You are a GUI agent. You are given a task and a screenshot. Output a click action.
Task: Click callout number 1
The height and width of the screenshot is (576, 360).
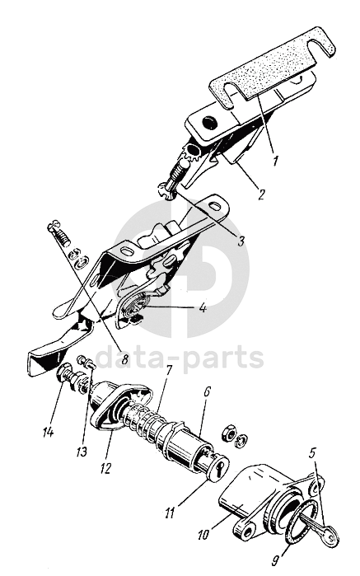pyautogui.click(x=275, y=160)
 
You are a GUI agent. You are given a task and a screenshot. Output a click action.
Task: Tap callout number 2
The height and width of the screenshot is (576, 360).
pyautogui.click(x=260, y=194)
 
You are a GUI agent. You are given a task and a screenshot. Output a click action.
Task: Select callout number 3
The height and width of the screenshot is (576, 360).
pyautogui.click(x=241, y=241)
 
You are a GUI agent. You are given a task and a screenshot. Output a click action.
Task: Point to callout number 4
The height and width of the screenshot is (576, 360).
pyautogui.click(x=203, y=307)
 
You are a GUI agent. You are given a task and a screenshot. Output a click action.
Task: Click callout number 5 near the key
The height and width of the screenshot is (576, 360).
pyautogui.click(x=312, y=453)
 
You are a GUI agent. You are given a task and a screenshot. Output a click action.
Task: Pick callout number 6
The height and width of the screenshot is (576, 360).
pyautogui.click(x=206, y=391)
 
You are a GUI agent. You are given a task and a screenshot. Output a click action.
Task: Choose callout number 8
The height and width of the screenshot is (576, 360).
pyautogui.click(x=124, y=358)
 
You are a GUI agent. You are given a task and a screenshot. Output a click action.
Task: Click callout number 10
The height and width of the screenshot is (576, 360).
pyautogui.click(x=203, y=534)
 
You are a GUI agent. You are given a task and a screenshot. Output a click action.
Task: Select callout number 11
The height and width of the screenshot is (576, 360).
pyautogui.click(x=170, y=513)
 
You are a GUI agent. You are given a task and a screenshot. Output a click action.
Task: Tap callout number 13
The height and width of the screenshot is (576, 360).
pyautogui.click(x=82, y=451)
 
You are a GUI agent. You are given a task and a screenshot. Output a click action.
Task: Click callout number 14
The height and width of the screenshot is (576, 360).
pyautogui.click(x=48, y=432)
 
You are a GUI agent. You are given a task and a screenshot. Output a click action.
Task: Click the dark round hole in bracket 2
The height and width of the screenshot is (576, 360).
pyautogui.click(x=209, y=122)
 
